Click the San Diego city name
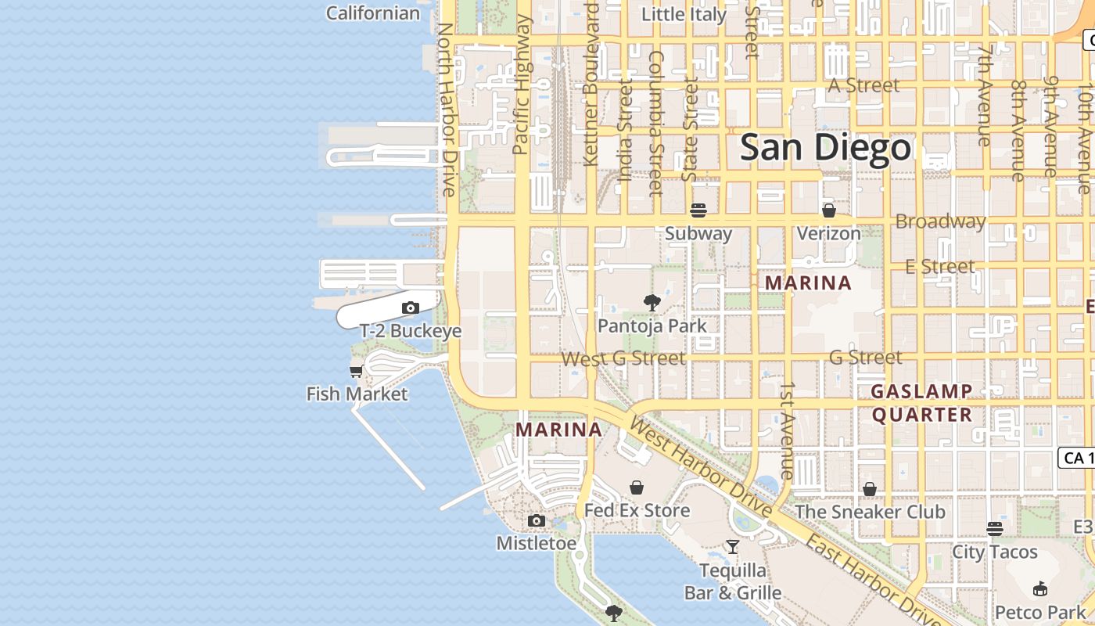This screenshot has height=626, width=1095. pos(825,147)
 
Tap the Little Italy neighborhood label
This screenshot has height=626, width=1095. pos(684,14)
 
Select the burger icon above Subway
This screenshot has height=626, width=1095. pos(698,210)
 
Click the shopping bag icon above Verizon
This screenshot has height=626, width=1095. pos(829,210)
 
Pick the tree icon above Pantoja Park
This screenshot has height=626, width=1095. pos(652,303)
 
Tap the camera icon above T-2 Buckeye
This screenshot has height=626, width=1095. pos(410,308)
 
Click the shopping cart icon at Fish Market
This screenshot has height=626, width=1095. pos(357,371)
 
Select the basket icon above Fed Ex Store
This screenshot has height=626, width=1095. pos(637,487)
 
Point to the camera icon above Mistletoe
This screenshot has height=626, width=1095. pos(536,521)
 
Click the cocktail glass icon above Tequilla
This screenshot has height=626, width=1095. pos(732,547)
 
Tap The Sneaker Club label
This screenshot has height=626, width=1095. pos(870,512)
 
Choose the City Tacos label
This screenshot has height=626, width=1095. pos(994,552)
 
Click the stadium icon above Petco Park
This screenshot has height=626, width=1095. pos(1040,589)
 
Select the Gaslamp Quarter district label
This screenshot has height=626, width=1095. pos(922,402)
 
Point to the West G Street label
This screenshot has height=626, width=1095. pos(623,358)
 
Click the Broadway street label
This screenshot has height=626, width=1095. pos(940,221)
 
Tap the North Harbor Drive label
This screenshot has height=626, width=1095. pos(446,110)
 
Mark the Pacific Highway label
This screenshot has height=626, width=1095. pos(522,85)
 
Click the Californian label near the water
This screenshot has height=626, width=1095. pos(373,13)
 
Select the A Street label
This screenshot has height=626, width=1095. pos(863,85)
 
